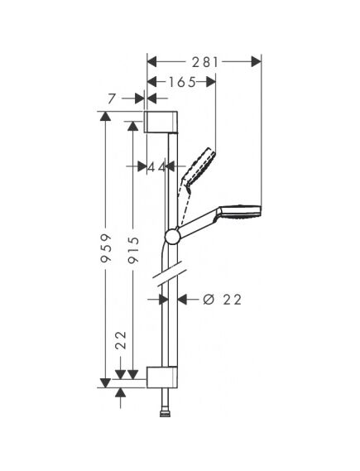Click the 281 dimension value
(x=205, y=62)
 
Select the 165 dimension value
(x=181, y=82)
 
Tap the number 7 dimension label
(x=112, y=99)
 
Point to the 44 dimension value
(x=156, y=167)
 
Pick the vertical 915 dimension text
(x=133, y=250)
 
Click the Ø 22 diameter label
(x=222, y=300)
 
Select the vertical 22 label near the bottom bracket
(x=121, y=340)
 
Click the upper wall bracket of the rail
(x=161, y=122)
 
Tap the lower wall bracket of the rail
(x=162, y=377)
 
